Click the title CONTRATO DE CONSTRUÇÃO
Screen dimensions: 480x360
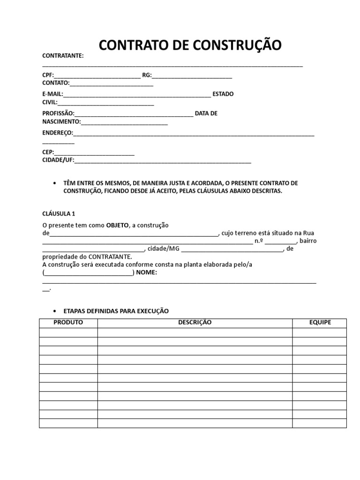(190, 45)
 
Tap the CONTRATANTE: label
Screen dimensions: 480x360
(63, 56)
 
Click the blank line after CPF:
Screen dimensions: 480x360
(97, 75)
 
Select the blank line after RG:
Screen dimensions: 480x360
(192, 75)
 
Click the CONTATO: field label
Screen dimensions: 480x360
(56, 83)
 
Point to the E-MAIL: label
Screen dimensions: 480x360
(52, 94)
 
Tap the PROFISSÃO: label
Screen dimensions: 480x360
(58, 113)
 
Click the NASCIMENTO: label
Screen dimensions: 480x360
(61, 122)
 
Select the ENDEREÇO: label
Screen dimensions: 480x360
(58, 133)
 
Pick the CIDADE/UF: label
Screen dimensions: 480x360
(58, 160)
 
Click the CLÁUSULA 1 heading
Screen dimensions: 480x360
(59, 213)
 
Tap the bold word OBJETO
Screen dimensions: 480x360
(117, 225)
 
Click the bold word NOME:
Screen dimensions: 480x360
(147, 273)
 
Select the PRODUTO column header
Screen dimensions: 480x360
(68, 322)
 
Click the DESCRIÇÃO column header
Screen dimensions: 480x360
(195, 322)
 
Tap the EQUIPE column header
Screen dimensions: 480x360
(320, 322)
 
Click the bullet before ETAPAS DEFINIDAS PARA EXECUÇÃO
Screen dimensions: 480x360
(55, 311)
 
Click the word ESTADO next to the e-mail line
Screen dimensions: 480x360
(223, 94)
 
